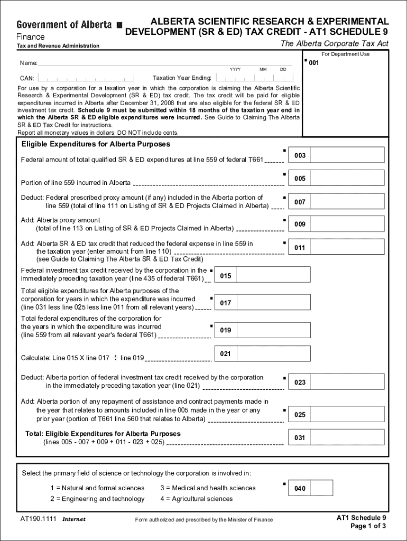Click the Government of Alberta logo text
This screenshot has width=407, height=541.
(x=64, y=25)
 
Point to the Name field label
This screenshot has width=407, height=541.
(x=29, y=63)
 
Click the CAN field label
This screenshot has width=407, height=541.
(x=27, y=78)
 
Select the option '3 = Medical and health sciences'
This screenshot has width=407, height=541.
(x=208, y=488)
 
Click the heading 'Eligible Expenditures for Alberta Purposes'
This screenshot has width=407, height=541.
(x=95, y=144)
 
